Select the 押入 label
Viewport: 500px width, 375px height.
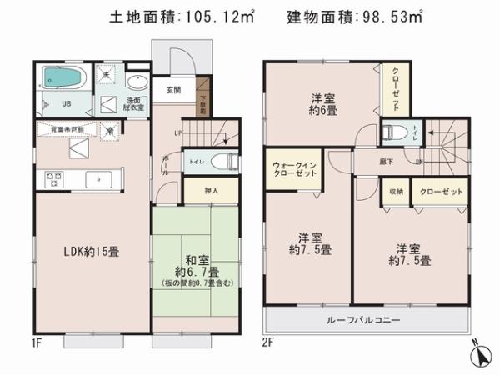tap(212, 191)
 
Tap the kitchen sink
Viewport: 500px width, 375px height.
tap(98, 177)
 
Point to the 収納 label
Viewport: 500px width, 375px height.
tap(394, 192)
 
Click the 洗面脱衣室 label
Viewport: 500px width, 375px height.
tap(134, 104)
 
